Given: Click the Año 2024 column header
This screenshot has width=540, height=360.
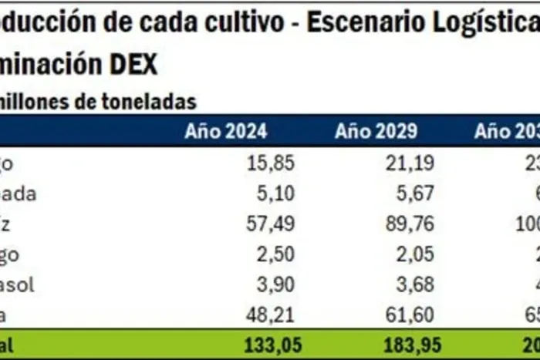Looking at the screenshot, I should pos(225,131).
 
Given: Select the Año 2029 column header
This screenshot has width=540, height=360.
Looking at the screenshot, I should pos(376,131).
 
